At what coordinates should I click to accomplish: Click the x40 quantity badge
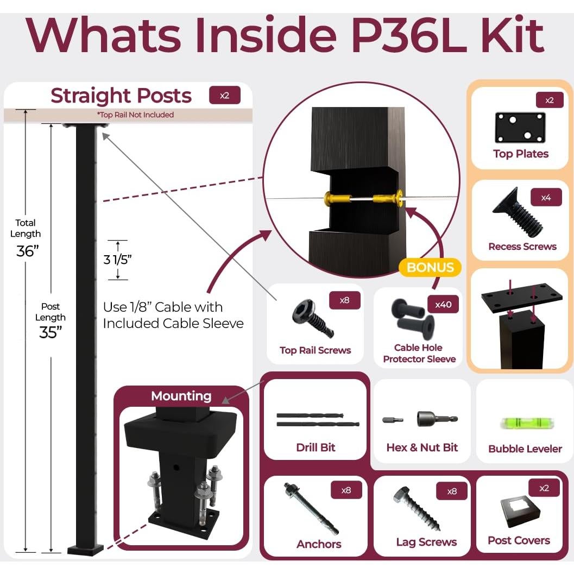click(x=443, y=304)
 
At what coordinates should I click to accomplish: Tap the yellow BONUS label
click(x=430, y=267)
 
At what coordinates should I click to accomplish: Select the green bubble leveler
click(x=527, y=424)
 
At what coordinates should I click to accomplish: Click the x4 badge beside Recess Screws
click(x=546, y=198)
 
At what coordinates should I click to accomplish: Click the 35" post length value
click(x=51, y=332)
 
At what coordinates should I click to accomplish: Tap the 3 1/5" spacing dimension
click(x=117, y=260)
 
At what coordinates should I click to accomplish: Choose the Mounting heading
click(x=181, y=396)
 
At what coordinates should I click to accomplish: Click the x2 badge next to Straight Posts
click(x=225, y=96)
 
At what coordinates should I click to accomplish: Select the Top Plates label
click(x=521, y=154)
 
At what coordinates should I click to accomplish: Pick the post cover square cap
click(x=520, y=512)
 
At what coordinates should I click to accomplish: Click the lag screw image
click(x=417, y=508)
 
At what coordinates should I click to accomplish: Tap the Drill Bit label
click(x=316, y=447)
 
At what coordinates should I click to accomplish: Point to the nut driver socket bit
click(x=437, y=419)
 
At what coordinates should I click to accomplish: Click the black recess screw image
click(x=518, y=212)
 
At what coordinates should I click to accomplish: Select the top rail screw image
click(x=313, y=318)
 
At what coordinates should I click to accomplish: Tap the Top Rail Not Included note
click(x=135, y=115)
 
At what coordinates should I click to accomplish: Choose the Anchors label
click(x=319, y=544)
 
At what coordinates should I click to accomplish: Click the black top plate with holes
click(x=520, y=128)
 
